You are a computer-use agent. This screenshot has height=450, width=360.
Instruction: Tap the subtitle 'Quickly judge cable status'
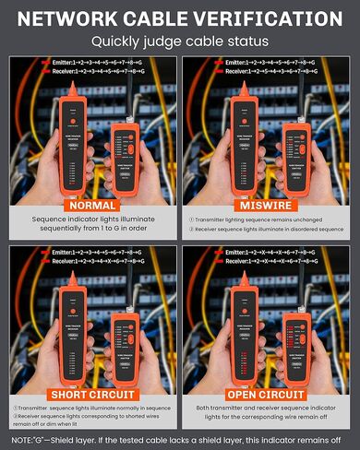tap(180, 41)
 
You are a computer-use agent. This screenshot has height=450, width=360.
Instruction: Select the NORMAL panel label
tap(91, 204)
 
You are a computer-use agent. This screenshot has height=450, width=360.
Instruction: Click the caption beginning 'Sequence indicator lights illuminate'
tap(91, 225)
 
